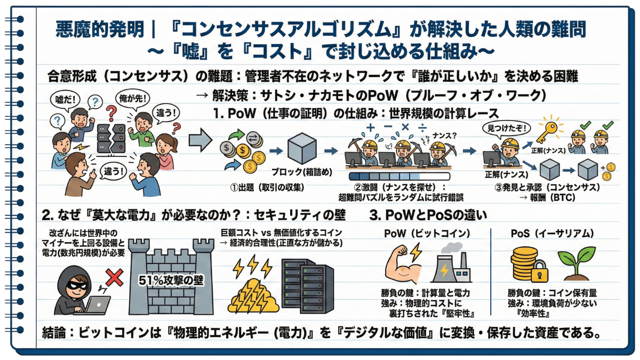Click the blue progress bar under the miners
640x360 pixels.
point(399,176)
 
